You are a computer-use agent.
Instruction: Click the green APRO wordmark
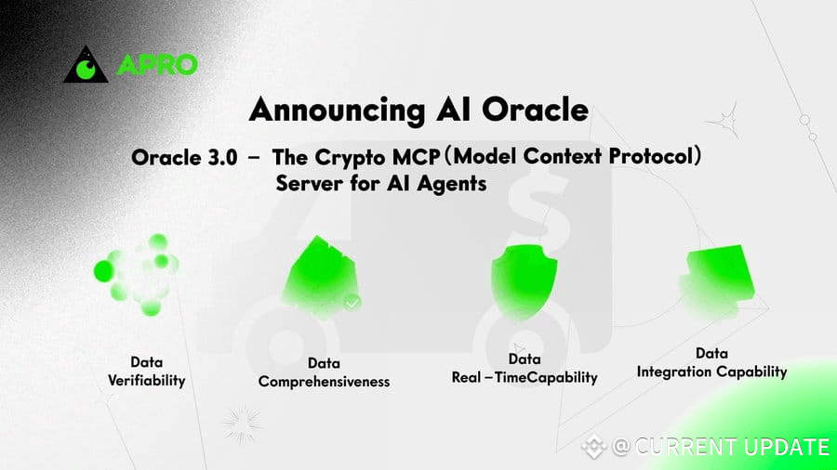point(157,65)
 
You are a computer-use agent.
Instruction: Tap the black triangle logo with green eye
point(86,65)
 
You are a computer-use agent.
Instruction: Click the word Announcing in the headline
point(337,111)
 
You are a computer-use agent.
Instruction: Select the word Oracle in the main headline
point(535,110)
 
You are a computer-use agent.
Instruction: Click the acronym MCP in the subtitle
point(417,157)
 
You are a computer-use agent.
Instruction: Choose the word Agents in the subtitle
point(452,183)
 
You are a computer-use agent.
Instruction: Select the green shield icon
point(525,281)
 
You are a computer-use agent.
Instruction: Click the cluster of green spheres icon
point(137,274)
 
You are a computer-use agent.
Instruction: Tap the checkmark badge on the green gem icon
point(352,303)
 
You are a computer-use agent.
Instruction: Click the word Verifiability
point(146,381)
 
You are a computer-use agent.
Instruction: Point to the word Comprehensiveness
point(324,382)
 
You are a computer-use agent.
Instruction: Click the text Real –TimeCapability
point(525,377)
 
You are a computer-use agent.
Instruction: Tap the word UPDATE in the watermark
point(786,447)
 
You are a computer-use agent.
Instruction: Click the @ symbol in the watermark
point(621,446)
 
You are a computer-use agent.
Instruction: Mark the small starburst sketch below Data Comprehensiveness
point(243,424)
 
